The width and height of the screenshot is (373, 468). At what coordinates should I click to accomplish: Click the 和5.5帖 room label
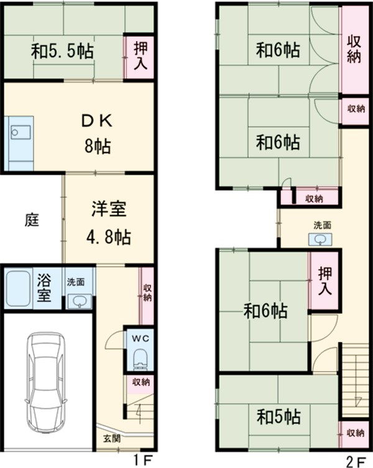coord(62,52)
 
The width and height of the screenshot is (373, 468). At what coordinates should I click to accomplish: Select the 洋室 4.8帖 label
coord(108,222)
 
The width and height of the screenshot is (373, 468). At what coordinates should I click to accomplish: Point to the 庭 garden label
coord(31,220)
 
